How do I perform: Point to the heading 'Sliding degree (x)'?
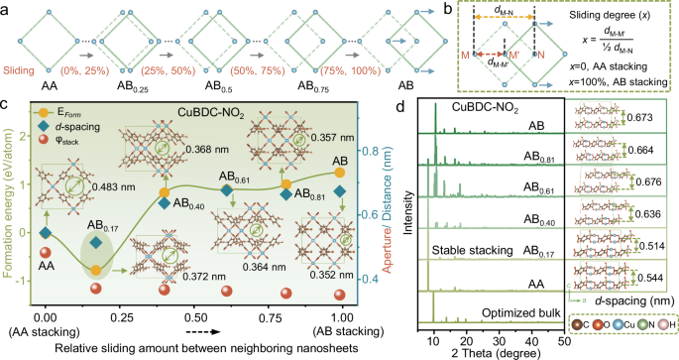click(608, 19)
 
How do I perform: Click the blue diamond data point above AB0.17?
click(94, 241)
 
